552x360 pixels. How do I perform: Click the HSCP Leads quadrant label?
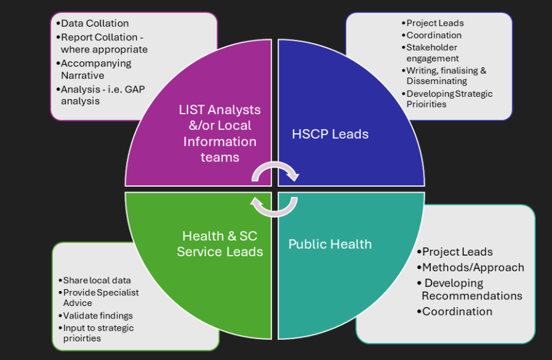click(330, 134)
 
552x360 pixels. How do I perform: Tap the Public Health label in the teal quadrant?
click(330, 244)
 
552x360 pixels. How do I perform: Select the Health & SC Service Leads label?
click(220, 244)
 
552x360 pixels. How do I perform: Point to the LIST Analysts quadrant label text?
click(220, 133)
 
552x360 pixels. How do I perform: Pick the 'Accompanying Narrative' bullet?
click(96, 69)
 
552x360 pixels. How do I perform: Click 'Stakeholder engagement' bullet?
click(431, 53)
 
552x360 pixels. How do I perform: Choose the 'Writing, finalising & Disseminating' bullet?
click(446, 76)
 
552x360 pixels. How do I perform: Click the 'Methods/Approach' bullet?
click(473, 267)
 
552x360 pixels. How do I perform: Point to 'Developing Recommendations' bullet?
click(471, 289)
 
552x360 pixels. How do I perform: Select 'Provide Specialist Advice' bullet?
click(101, 297)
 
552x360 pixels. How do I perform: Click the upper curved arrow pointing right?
click(276, 170)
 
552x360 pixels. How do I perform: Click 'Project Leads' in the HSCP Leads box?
click(435, 23)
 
